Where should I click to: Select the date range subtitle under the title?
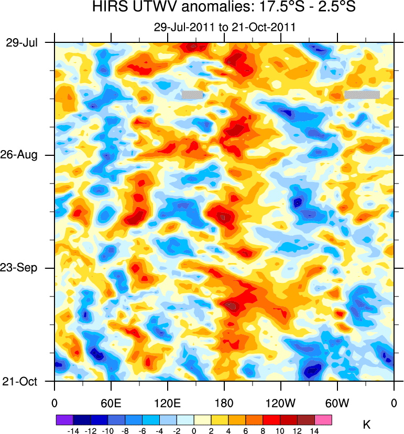tap(224, 27)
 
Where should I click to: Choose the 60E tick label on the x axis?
tap(111, 403)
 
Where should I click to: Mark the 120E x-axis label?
tap(167, 403)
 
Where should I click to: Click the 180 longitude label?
tap(224, 403)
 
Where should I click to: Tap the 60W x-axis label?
tap(337, 403)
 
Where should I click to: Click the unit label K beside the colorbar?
tap(367, 425)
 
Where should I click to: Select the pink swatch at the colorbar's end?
tap(324, 420)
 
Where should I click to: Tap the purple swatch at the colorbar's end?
tap(64, 420)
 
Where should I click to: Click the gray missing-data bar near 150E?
tap(192, 95)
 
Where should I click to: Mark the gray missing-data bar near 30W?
tap(362, 95)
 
